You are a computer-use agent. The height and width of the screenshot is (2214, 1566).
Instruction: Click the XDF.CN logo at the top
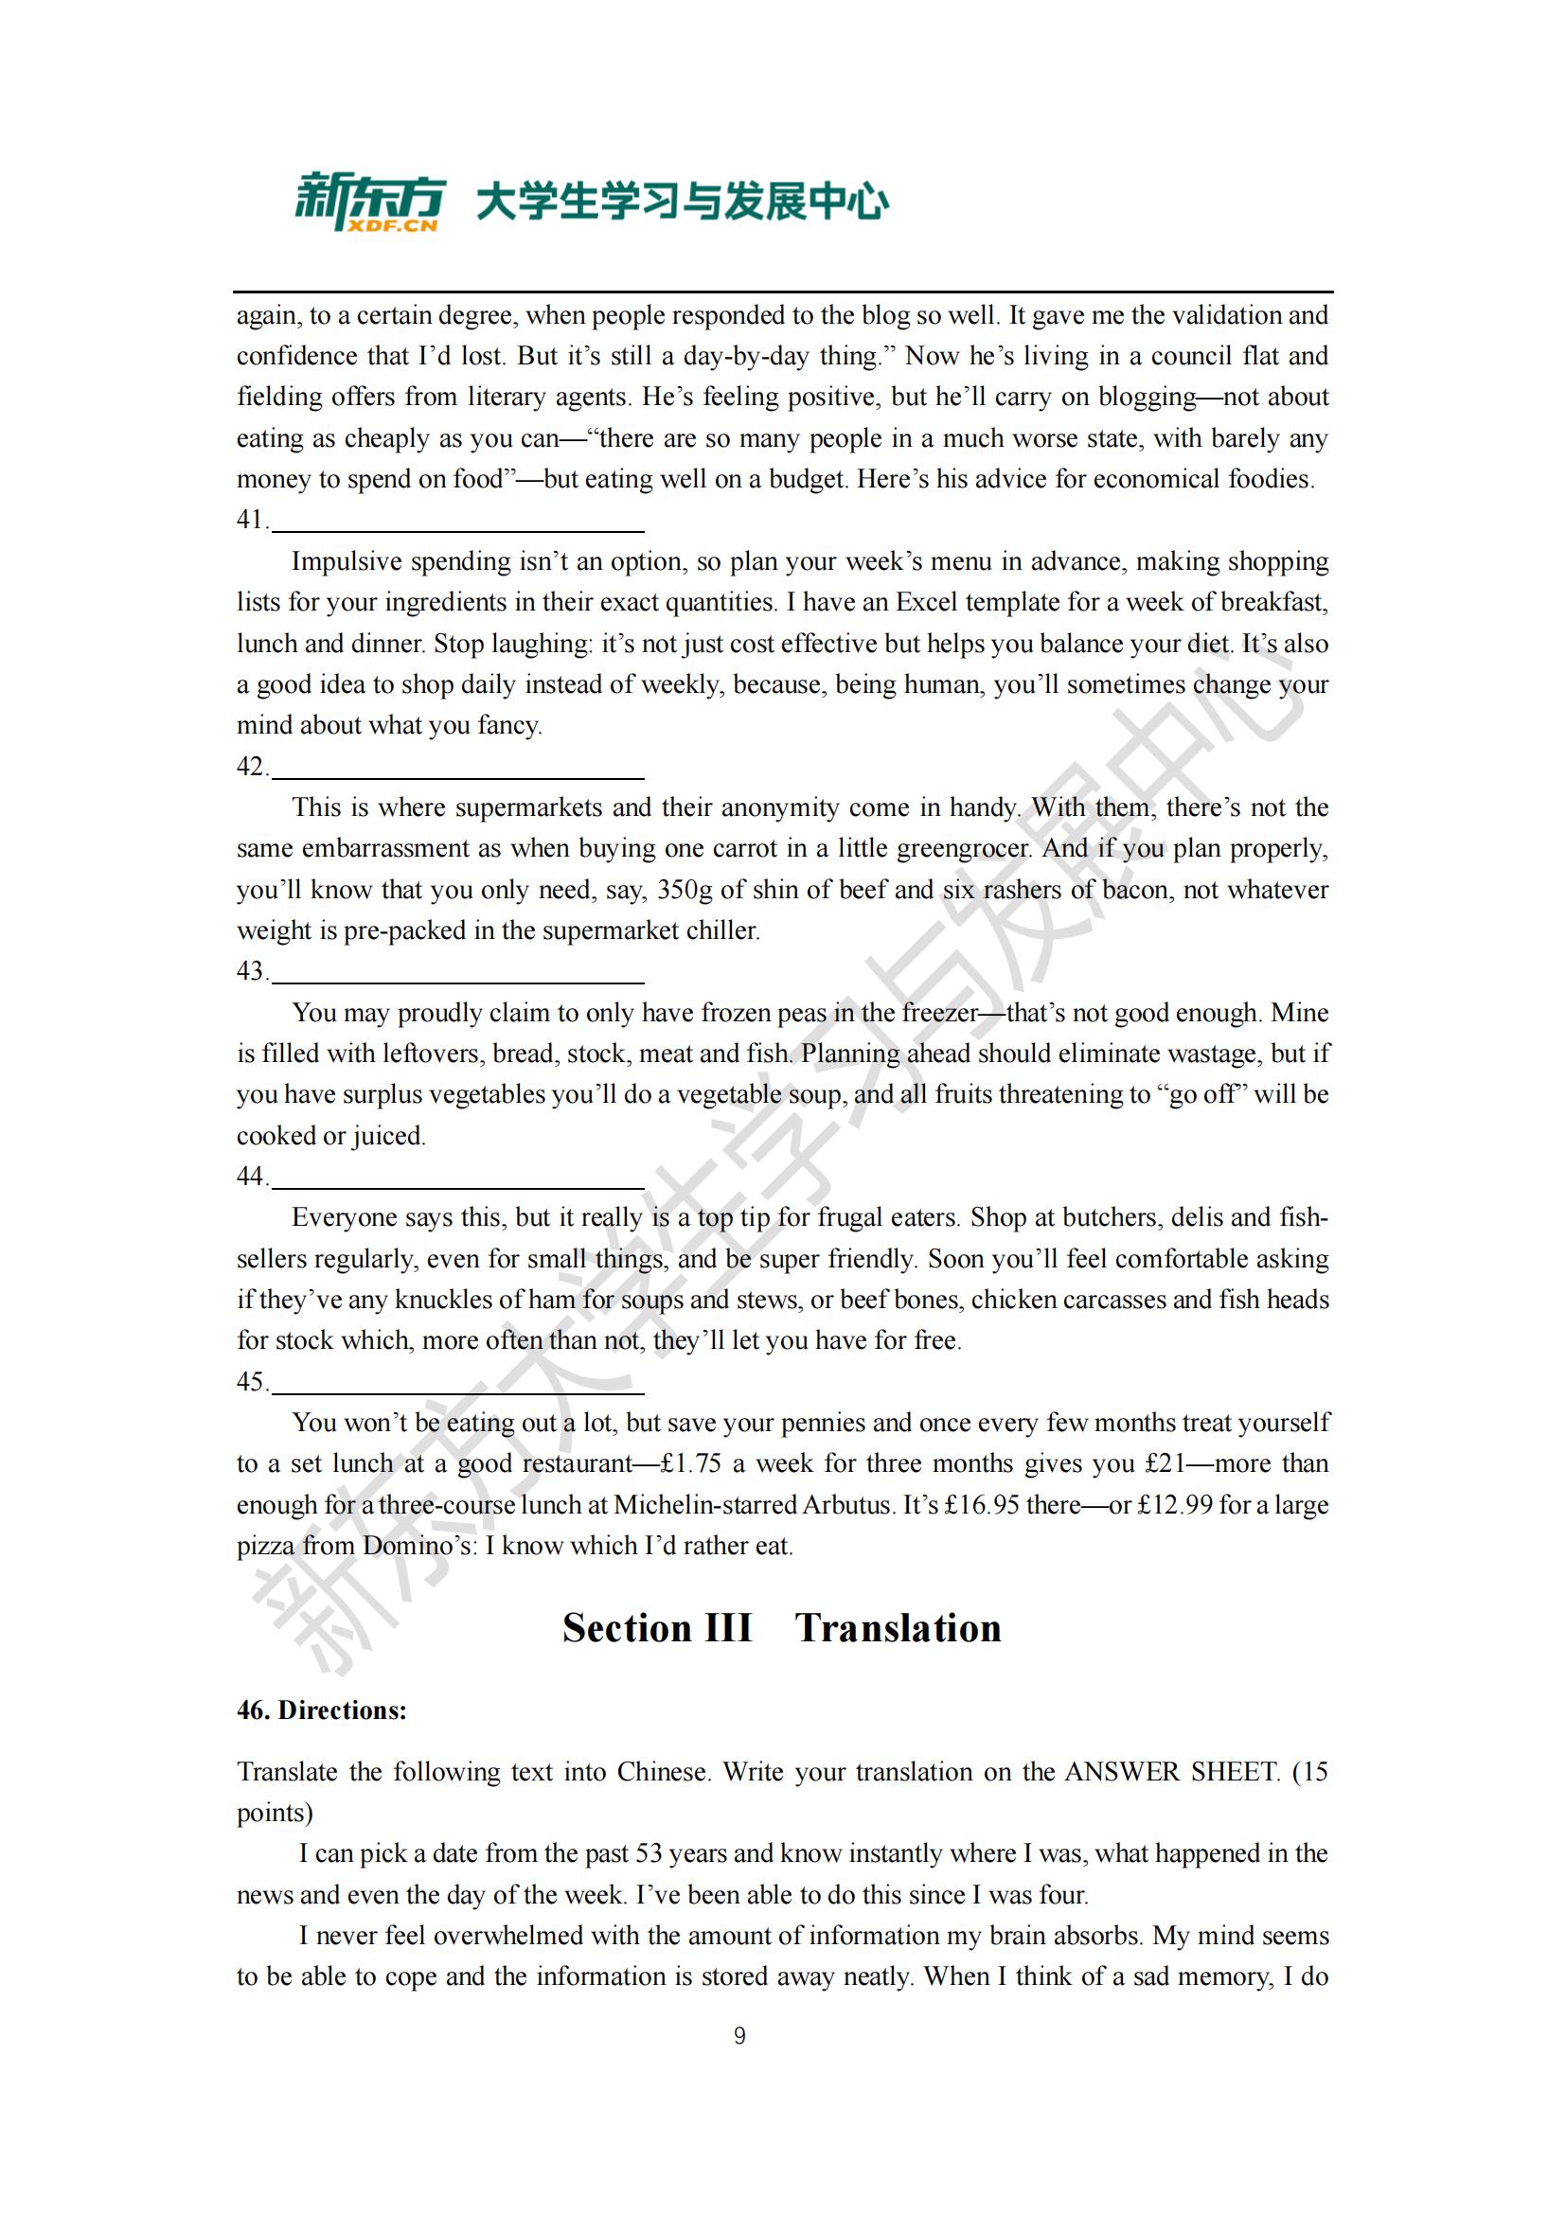pyautogui.click(x=369, y=203)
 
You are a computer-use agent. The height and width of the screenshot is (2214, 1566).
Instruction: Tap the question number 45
pyautogui.click(x=251, y=1382)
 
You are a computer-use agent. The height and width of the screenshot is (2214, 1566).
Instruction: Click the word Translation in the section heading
pyautogui.click(x=898, y=1628)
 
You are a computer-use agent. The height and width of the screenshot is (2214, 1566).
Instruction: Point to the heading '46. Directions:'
pyautogui.click(x=322, y=1710)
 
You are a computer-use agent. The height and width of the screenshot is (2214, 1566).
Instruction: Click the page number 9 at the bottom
pyautogui.click(x=739, y=2036)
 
